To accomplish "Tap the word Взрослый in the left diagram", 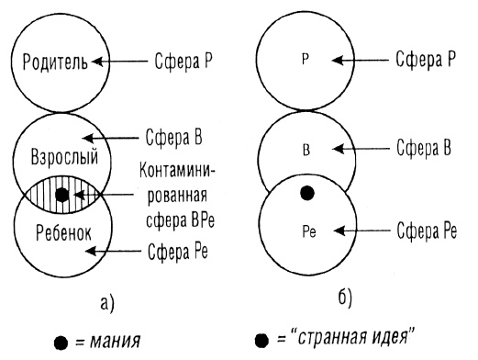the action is (x=61, y=156).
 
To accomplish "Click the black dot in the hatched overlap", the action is (x=61, y=194).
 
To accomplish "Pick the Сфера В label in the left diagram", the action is (x=175, y=140).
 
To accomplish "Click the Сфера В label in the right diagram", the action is (x=426, y=148).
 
